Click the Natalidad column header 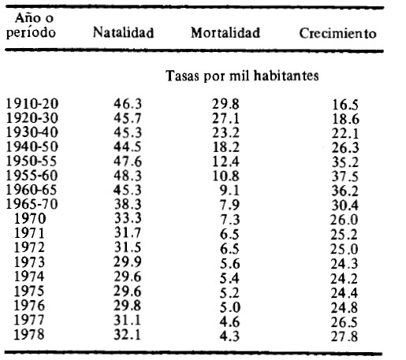pyautogui.click(x=123, y=32)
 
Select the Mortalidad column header pyautogui.click(x=225, y=32)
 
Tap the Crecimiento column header pyautogui.click(x=337, y=33)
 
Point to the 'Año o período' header pyautogui.click(x=31, y=25)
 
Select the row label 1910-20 pyautogui.click(x=32, y=103)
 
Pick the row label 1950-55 pyautogui.click(x=32, y=161)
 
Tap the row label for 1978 pyautogui.click(x=29, y=334)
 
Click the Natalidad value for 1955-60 pyautogui.click(x=128, y=176)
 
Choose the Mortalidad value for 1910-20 pyautogui.click(x=225, y=104)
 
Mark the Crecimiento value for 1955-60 pyautogui.click(x=345, y=176)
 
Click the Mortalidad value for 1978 pyautogui.click(x=229, y=336)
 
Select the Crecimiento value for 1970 pyautogui.click(x=345, y=220)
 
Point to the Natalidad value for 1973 pyautogui.click(x=128, y=262)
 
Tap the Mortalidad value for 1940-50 pyautogui.click(x=225, y=147)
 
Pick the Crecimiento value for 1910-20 pyautogui.click(x=345, y=105)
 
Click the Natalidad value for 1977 pyautogui.click(x=128, y=320)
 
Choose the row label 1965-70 pyautogui.click(x=32, y=204)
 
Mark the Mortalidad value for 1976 pyautogui.click(x=230, y=307)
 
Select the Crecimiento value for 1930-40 pyautogui.click(x=345, y=134)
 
